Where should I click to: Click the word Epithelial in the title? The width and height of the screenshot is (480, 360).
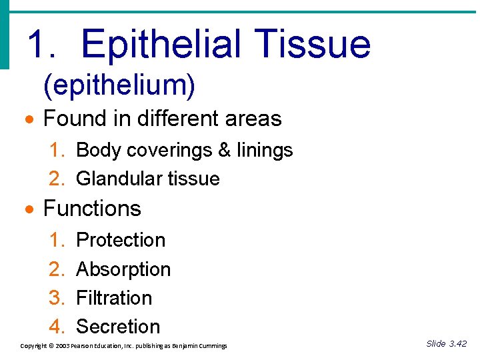point(167,44)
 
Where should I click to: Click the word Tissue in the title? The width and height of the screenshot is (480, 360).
point(316,44)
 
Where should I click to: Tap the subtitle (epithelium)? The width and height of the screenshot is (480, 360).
point(119,85)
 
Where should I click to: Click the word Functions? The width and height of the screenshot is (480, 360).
point(92,209)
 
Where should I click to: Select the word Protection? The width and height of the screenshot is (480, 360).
point(121,240)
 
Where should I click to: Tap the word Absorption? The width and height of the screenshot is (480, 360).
point(123,269)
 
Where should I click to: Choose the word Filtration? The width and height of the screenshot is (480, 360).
point(114,298)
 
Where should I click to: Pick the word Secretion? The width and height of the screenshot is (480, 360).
point(118,327)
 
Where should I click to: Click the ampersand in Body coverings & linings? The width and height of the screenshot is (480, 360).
point(224,150)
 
